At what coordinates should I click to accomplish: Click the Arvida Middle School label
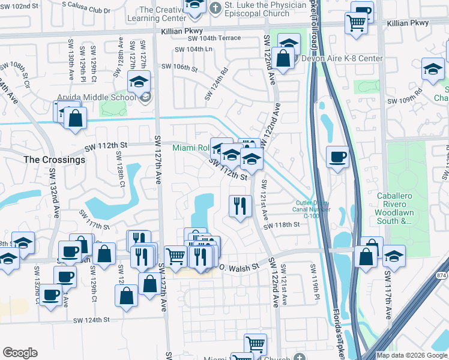point(96,98)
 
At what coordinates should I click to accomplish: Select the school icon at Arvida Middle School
point(140,81)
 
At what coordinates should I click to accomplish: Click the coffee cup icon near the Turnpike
point(337,157)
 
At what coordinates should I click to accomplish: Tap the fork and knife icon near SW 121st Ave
point(240,206)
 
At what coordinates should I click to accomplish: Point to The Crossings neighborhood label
point(54,160)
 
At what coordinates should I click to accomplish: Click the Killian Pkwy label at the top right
point(408,23)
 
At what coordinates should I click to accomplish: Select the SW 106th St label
point(177,68)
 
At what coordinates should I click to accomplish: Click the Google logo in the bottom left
point(20,353)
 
